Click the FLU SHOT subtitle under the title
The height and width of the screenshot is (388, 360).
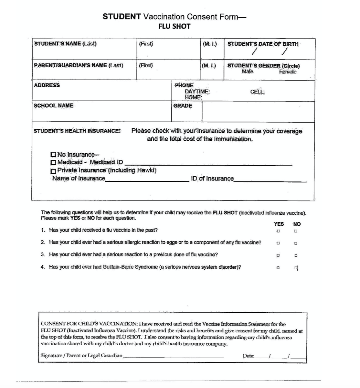pyautogui.click(x=174, y=27)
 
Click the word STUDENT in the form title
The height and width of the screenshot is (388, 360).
pyautogui.click(x=122, y=16)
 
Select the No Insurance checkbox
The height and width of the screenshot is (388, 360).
pyautogui.click(x=54, y=155)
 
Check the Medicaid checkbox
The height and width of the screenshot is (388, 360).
pyautogui.click(x=54, y=162)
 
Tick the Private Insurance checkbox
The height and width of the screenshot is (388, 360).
pyautogui.click(x=54, y=170)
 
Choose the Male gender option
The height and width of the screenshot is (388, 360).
pyautogui.click(x=248, y=71)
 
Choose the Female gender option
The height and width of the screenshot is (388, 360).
pyautogui.click(x=288, y=71)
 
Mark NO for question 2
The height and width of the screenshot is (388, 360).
pyautogui.click(x=296, y=243)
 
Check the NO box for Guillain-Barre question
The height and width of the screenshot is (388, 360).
pyautogui.click(x=296, y=268)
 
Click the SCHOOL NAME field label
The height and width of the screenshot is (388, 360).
pyautogui.click(x=54, y=106)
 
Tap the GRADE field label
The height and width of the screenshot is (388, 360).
pyautogui.click(x=183, y=106)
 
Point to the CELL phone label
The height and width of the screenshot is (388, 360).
pyautogui.click(x=257, y=92)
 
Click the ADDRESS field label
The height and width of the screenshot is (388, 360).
pyautogui.click(x=47, y=85)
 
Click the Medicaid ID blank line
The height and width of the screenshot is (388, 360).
pyautogui.click(x=208, y=164)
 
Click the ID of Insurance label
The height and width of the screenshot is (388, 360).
pyautogui.click(x=212, y=178)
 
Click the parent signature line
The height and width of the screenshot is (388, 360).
pyautogui.click(x=173, y=357)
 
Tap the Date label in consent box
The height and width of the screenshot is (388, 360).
pyautogui.click(x=248, y=356)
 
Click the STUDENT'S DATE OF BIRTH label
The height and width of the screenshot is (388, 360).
pyautogui.click(x=263, y=44)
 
